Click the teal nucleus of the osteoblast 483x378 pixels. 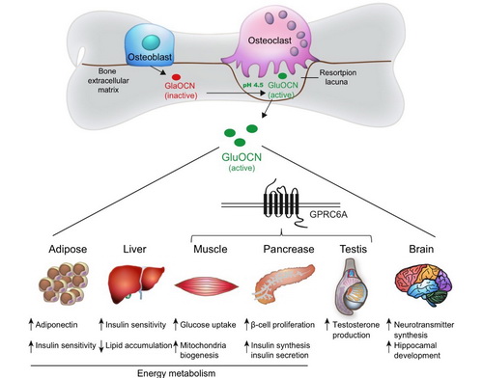point(151,42)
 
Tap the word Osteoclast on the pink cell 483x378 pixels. point(270,40)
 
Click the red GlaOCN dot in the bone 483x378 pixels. point(176,77)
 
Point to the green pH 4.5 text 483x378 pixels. point(253,85)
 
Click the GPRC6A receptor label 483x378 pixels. point(328,214)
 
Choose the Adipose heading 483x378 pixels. point(68,249)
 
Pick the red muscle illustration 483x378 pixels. point(207,285)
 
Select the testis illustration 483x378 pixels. point(353,287)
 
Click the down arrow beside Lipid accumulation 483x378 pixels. point(101,345)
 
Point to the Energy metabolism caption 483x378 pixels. point(176,373)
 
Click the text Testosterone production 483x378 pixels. point(355,330)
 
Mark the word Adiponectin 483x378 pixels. point(56,325)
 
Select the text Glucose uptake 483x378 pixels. point(208,325)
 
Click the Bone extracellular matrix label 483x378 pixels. point(108,80)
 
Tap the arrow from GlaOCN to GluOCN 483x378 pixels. point(236,94)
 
